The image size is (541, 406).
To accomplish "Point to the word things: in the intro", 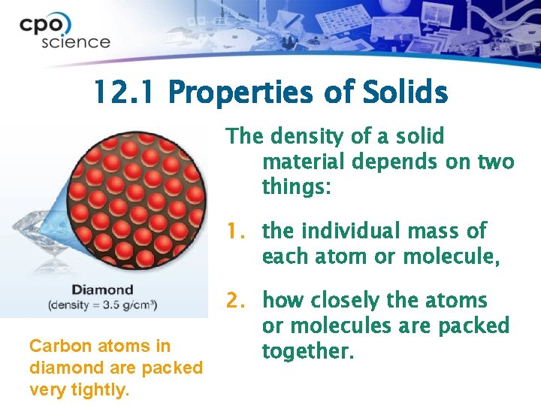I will tap(296, 186).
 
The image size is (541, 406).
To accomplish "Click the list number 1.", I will tap(237, 231).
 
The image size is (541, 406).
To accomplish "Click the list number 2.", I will tap(237, 301).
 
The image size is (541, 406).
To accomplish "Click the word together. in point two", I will tap(307, 351).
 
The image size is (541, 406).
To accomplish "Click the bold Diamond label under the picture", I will tap(102, 289).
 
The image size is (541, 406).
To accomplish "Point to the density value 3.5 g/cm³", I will tap(122, 304).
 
